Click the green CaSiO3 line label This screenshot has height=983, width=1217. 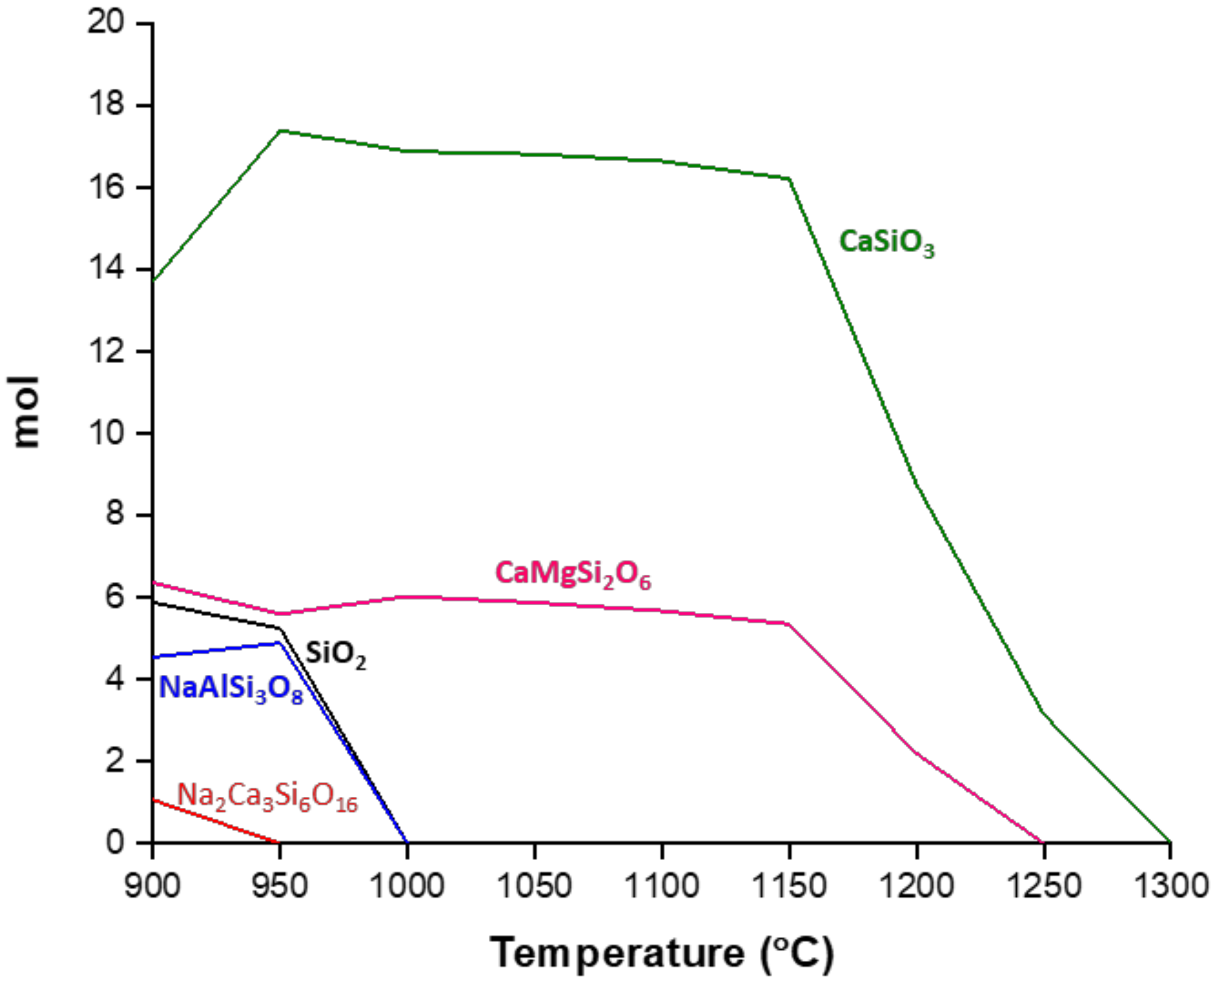(x=886, y=243)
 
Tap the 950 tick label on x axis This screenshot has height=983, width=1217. (x=279, y=886)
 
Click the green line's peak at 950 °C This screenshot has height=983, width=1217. (x=280, y=131)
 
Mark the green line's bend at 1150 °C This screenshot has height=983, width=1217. (x=789, y=179)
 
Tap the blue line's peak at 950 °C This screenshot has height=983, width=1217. (x=279, y=642)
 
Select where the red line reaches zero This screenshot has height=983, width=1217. (x=279, y=842)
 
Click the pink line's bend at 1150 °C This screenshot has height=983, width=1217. (x=788, y=623)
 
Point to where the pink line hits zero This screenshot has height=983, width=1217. (x=1043, y=842)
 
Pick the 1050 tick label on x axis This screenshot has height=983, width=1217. (x=534, y=886)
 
